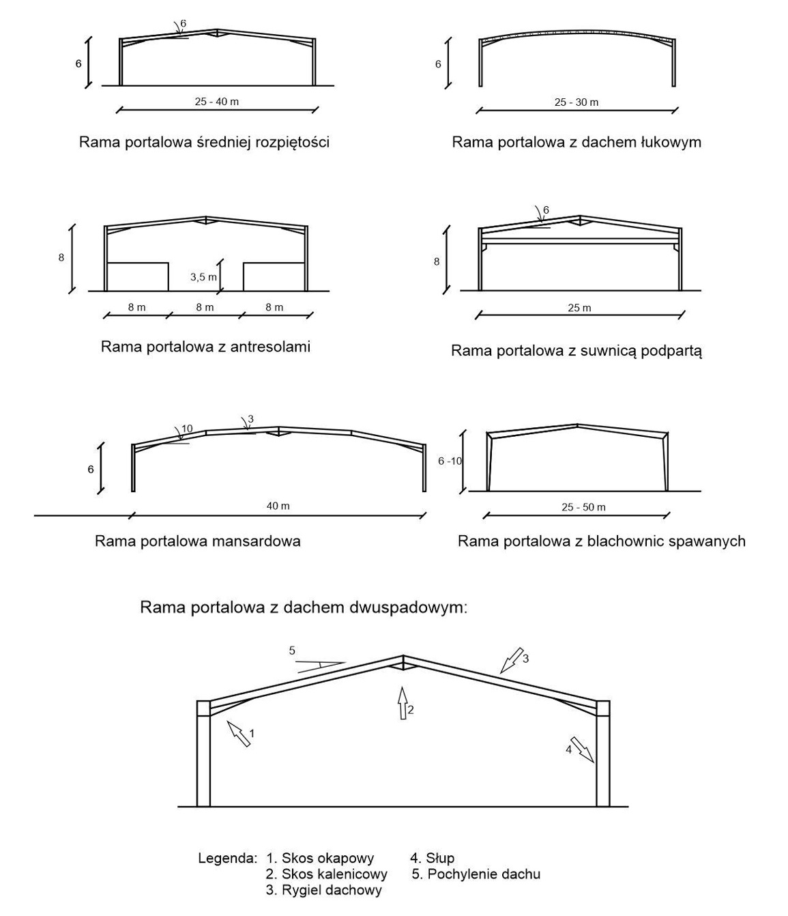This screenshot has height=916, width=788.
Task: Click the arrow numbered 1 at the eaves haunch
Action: [x=239, y=733]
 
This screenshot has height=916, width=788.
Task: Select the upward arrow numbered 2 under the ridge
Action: [x=403, y=702]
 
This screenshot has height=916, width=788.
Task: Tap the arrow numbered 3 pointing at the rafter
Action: [x=510, y=661]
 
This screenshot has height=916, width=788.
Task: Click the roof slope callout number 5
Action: [x=292, y=650]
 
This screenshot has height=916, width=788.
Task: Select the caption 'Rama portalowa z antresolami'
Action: [x=205, y=347]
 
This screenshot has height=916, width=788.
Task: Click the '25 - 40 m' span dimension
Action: [x=216, y=102]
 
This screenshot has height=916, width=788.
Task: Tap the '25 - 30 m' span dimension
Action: [x=577, y=102]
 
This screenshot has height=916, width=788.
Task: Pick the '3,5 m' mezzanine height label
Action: [x=203, y=276]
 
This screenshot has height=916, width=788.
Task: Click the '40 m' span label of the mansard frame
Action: [x=278, y=506]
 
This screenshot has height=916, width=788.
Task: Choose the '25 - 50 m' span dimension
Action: [x=583, y=507]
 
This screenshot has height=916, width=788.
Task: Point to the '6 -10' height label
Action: [x=450, y=461]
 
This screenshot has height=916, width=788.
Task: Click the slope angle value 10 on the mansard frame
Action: [x=187, y=429]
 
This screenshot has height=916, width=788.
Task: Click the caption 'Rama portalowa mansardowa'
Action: [x=198, y=541]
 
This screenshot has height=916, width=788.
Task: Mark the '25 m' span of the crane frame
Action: [x=579, y=308]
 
